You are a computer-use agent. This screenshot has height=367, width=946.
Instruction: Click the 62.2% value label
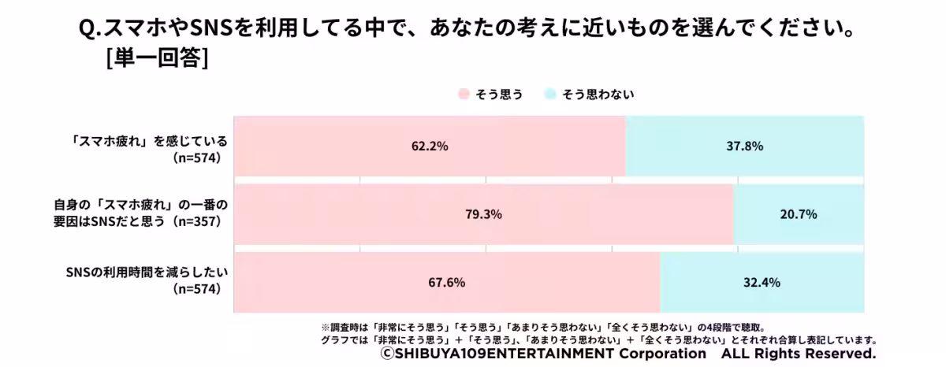pos(430,146)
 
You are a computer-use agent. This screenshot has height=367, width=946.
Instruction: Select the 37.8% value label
pos(743,146)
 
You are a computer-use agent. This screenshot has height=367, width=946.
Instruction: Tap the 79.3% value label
pos(484,214)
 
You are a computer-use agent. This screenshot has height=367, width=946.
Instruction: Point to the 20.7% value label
pos(798,214)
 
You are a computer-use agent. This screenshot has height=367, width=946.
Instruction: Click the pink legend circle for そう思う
pos(464,95)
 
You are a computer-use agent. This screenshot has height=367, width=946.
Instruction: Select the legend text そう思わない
pos(598,95)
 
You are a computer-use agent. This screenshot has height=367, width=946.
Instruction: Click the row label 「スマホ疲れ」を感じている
pos(150,141)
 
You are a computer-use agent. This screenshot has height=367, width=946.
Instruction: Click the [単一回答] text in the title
pos(156,60)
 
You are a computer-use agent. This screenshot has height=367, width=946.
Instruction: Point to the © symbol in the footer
pos(386,354)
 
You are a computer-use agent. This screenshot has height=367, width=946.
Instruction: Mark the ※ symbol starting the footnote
pos(324,326)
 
